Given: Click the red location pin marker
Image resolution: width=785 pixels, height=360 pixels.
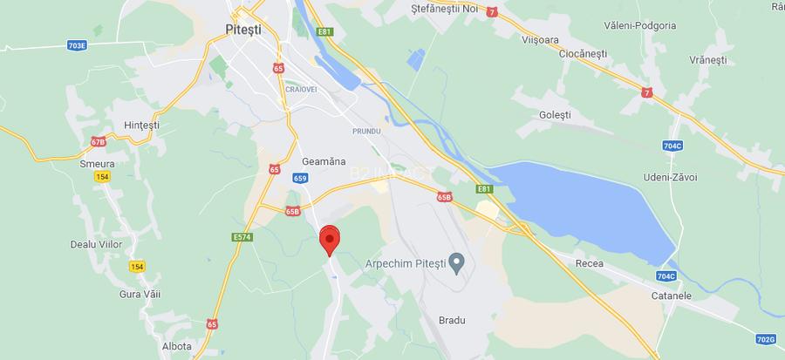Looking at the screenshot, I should [x=330, y=238].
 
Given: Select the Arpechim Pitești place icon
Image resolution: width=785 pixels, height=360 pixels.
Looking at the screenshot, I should [x=454, y=262].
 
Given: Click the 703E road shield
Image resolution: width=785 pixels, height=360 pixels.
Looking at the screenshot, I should [x=78, y=44].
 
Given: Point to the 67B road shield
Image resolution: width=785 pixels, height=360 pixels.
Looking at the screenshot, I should [x=98, y=141].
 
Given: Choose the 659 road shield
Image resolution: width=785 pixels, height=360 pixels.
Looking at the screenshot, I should [x=299, y=178].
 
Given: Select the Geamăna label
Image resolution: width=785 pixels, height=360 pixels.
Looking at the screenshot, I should [x=323, y=162].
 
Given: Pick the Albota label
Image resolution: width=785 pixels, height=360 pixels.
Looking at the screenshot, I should [x=176, y=346].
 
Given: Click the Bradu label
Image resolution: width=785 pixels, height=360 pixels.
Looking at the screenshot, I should [x=452, y=320].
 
